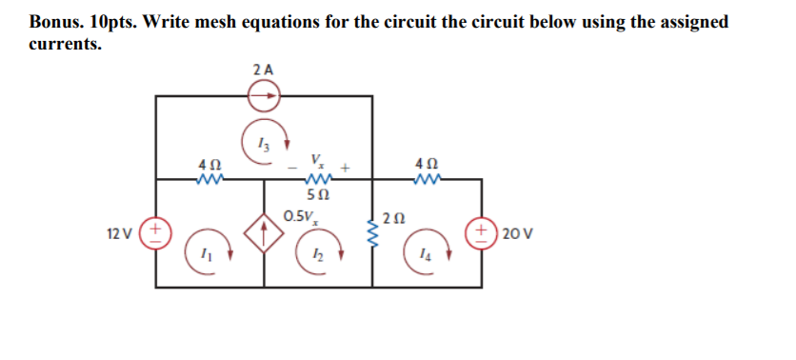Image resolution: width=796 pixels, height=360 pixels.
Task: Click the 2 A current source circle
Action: pos(265,95)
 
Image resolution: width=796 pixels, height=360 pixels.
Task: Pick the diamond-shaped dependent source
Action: pos(265,231)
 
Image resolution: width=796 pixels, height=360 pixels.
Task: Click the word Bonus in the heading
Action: pos(55,21)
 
